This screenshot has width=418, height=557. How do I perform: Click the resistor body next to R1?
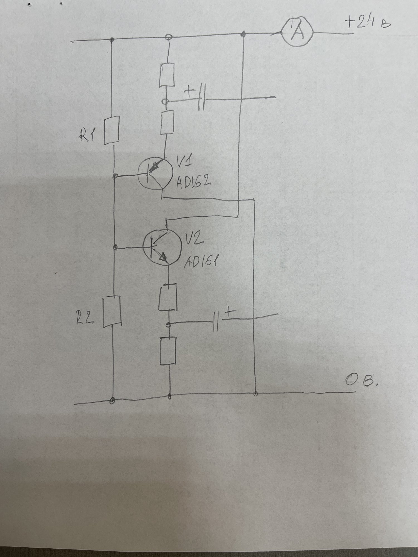tap(112, 131)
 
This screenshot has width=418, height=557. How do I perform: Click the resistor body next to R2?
tap(112, 312)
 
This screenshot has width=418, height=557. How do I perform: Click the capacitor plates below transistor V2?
tap(216, 321)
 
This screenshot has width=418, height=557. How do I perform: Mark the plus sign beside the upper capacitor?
tap(190, 92)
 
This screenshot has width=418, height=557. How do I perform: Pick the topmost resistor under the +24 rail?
tap(167, 75)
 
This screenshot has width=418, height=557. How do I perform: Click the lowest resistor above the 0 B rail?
tap(168, 351)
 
